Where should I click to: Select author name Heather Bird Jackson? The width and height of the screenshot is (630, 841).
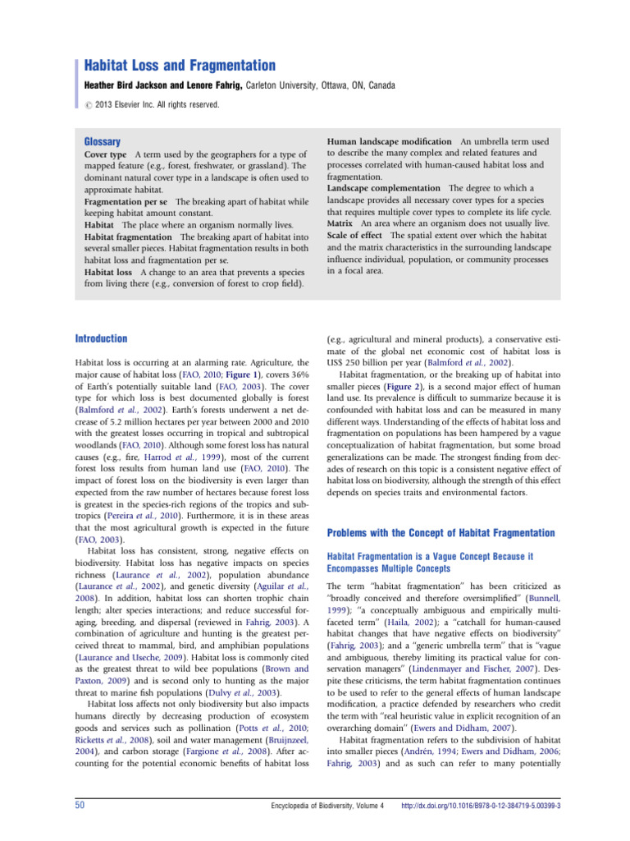(135, 85)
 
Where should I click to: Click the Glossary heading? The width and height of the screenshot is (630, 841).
(103, 141)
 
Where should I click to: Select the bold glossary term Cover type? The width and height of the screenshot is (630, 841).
(106, 154)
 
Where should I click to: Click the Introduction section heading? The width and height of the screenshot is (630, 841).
(101, 338)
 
